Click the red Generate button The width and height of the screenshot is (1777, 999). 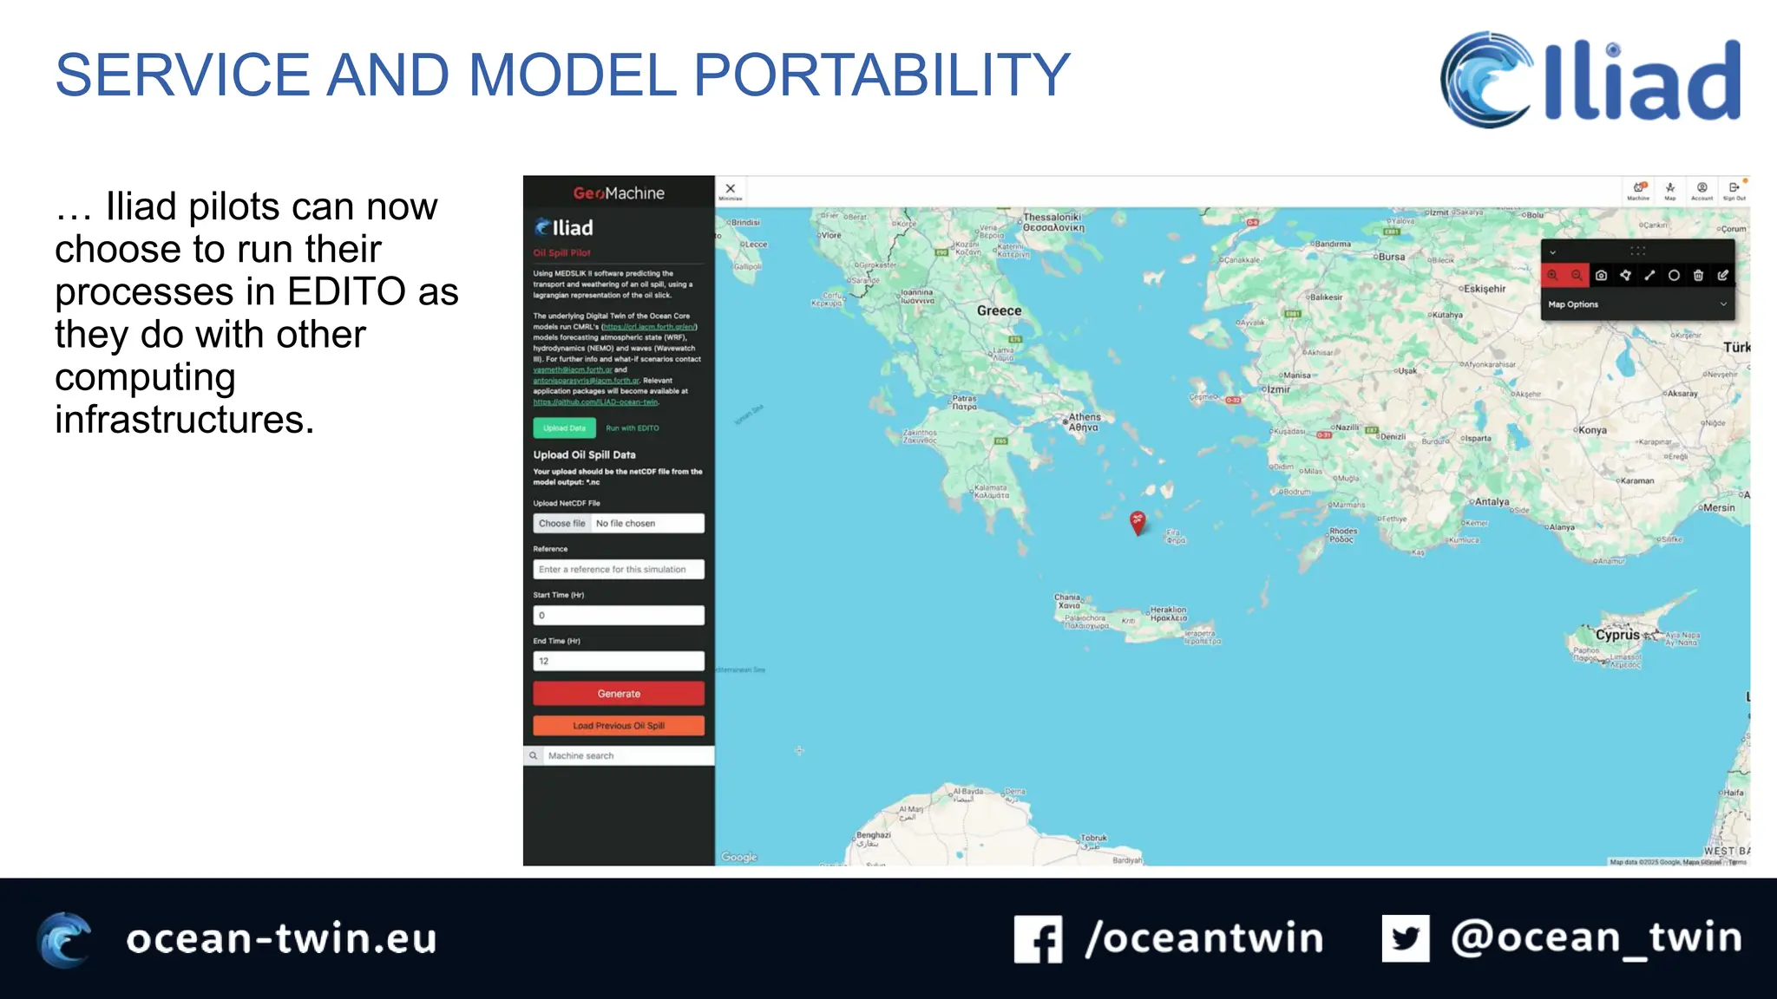tap(619, 694)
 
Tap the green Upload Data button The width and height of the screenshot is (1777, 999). tap(564, 428)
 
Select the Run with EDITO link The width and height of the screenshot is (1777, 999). tap(633, 428)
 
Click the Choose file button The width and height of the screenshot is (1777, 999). tap(561, 524)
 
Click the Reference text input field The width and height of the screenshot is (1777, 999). tap(619, 570)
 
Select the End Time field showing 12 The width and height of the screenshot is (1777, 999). tap(619, 662)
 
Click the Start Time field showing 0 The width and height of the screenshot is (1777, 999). tap(619, 616)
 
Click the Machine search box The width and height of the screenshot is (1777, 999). tap(625, 756)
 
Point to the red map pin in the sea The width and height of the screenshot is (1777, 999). tap(1138, 521)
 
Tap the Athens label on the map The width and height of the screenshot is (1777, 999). tap(1085, 417)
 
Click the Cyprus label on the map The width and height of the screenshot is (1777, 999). tap(1617, 635)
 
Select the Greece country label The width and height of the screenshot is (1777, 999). tap(999, 310)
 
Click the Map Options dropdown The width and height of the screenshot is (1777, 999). tap(1636, 304)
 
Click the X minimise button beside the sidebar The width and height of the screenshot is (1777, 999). tap(731, 189)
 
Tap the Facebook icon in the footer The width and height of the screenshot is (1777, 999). tap(1038, 939)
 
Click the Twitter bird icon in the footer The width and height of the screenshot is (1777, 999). tap(1406, 938)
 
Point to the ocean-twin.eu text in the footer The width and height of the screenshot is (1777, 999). tap(281, 939)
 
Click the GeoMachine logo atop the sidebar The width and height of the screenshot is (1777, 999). tap(619, 193)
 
